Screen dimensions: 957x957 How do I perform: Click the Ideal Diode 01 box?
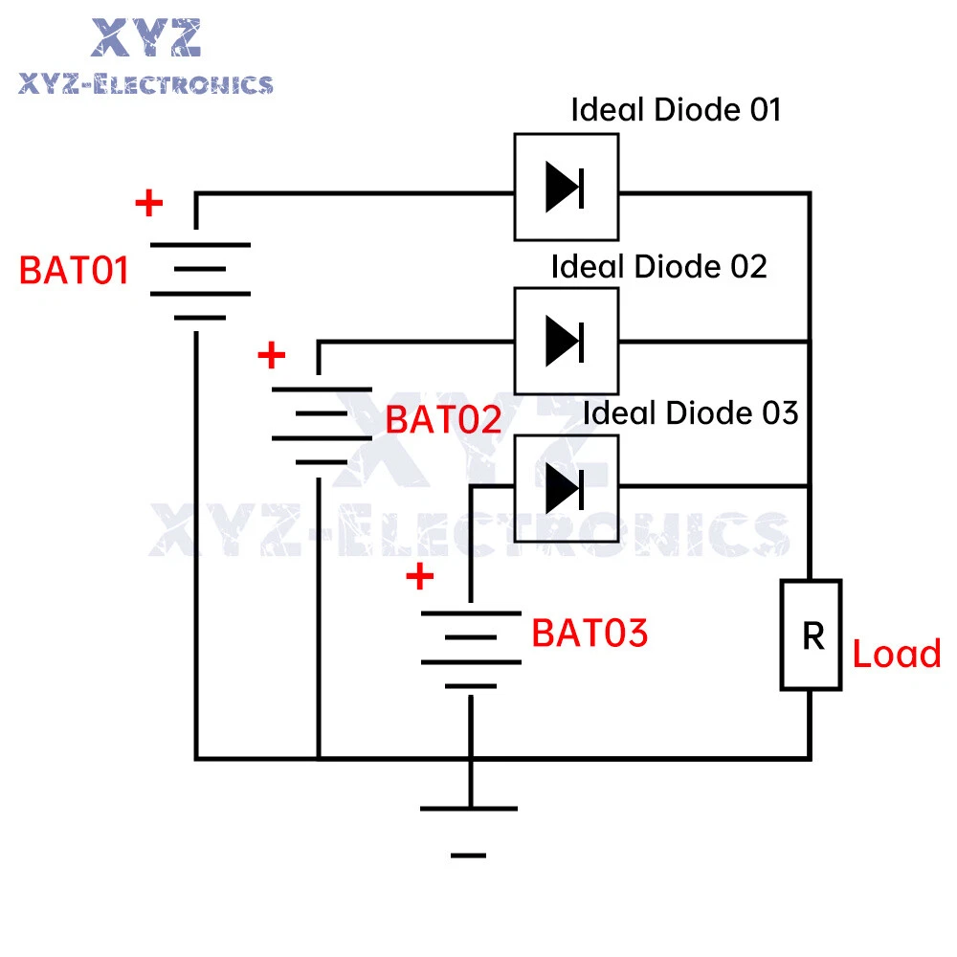tap(566, 187)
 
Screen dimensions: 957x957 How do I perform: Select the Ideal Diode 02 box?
tap(566, 341)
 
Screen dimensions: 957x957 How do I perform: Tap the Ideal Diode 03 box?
tap(566, 488)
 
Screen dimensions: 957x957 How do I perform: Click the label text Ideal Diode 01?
tap(676, 110)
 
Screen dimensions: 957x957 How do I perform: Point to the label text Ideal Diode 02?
tap(658, 266)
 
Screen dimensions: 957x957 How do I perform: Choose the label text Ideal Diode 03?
tap(690, 413)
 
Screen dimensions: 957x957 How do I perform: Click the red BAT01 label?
tap(74, 271)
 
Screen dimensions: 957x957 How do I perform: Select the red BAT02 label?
tap(443, 420)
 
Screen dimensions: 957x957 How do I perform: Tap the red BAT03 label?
tap(590, 634)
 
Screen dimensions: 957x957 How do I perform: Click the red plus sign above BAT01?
tap(148, 203)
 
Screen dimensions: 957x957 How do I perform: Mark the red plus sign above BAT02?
tap(272, 356)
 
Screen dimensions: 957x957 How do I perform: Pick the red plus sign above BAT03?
tap(419, 577)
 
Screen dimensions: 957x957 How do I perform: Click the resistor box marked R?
tap(812, 634)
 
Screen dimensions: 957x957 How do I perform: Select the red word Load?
tap(897, 656)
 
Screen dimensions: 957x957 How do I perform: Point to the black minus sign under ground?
tap(468, 855)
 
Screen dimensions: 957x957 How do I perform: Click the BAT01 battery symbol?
tap(201, 281)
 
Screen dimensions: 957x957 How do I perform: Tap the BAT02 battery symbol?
tap(322, 425)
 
